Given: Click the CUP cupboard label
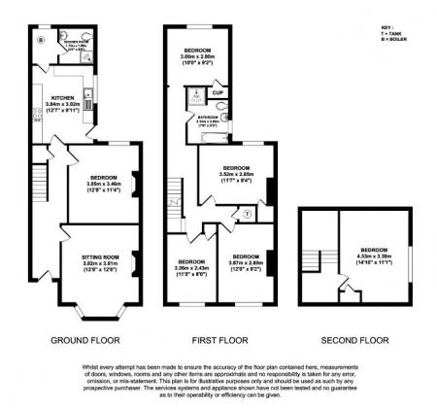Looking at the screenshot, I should coord(217,94).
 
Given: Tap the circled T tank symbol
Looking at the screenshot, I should coord(247,213).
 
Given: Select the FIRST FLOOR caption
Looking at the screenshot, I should coord(218,341).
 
